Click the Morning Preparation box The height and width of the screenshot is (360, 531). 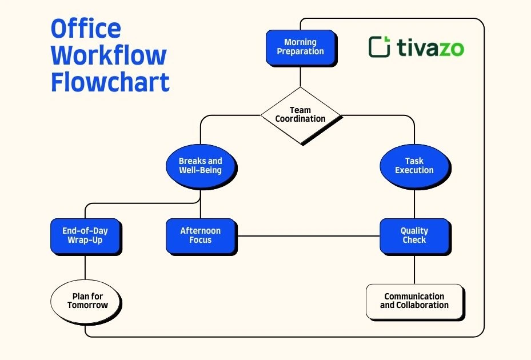tap(300, 47)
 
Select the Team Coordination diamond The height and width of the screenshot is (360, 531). tap(300, 115)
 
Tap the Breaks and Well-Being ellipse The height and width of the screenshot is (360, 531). tap(200, 166)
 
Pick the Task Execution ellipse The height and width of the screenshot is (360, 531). tap(414, 166)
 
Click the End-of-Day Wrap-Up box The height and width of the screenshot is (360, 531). tap(85, 235)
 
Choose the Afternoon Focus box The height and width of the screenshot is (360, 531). tap(200, 235)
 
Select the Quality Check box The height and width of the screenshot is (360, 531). tap(414, 235)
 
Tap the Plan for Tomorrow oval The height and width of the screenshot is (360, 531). tap(87, 301)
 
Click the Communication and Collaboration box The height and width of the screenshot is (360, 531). tap(414, 301)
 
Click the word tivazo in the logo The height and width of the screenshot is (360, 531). tap(429, 48)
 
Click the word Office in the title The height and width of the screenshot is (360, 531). tap(86, 29)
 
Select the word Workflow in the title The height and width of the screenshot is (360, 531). tap(109, 55)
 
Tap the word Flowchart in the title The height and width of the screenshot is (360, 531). tap(110, 82)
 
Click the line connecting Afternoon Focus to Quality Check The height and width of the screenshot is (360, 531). tap(309, 235)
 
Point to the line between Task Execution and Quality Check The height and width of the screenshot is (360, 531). tap(414, 203)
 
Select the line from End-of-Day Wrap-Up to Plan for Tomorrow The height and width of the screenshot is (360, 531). tap(85, 269)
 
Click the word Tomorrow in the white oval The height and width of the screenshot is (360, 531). tap(87, 305)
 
